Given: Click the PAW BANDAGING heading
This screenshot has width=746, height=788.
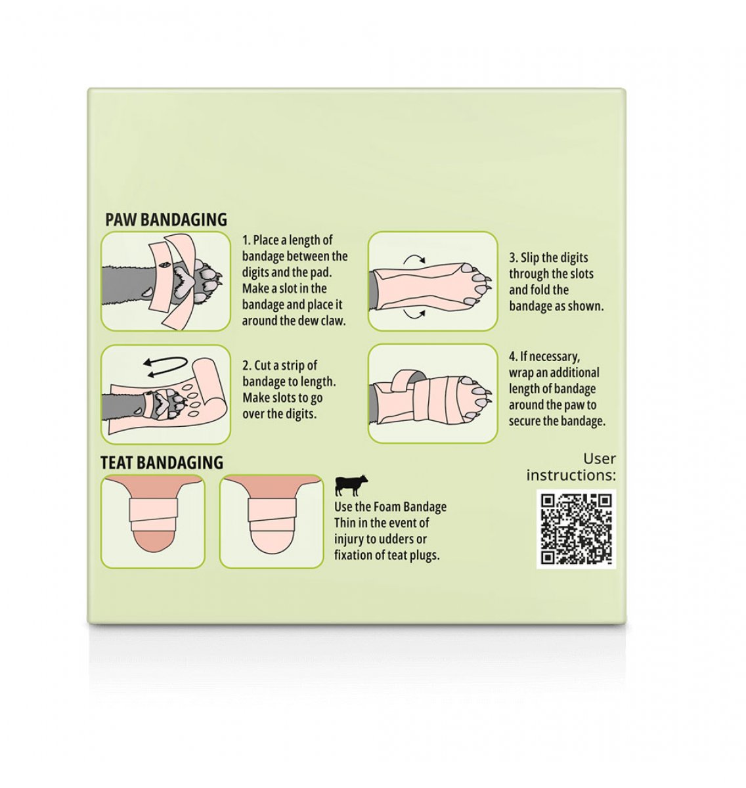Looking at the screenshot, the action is pos(166,219).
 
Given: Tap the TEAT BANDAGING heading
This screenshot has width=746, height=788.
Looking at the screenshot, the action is pos(162,462).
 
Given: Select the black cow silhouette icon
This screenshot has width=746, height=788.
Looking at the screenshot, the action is pos(351,485).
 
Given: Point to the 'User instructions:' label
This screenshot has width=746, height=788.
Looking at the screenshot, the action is pos(571,466).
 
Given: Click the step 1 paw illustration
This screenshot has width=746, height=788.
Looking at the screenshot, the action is pos(165,281).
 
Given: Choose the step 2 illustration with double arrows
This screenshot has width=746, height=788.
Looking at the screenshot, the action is pos(165,395).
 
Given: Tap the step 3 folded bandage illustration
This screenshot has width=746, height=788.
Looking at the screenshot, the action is pos(433,281).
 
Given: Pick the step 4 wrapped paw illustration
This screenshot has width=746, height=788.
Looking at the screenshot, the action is pos(433,393).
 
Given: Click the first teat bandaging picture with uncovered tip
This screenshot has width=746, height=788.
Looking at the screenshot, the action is pos(153,521).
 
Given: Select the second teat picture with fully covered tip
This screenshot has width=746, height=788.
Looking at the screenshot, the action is pos(272,521).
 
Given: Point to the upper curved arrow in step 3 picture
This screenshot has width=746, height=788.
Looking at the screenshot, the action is pos(414,257).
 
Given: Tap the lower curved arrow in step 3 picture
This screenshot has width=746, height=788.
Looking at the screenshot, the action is pos(414,314).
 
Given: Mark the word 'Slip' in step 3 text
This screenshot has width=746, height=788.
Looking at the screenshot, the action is pos(530,257).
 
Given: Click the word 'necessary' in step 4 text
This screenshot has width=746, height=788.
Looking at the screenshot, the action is pos(550,357).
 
